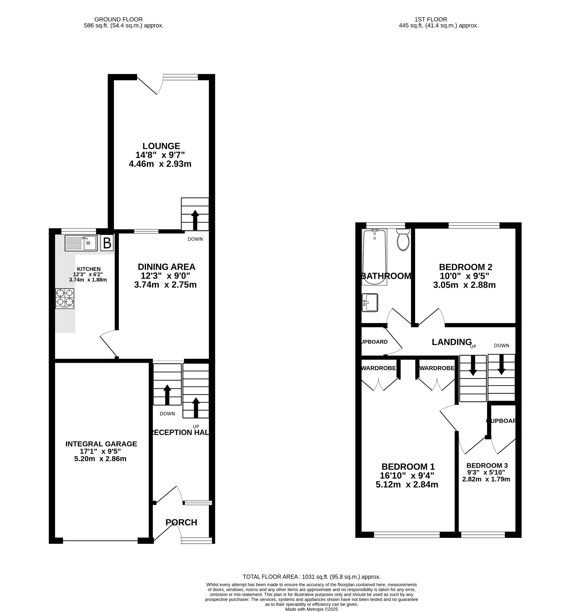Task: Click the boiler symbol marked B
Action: pos(107,243)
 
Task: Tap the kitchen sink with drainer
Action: pos(81,243)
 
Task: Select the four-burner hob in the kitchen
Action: pos(64,298)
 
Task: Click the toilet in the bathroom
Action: pos(403,241)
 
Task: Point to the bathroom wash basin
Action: pos(370,303)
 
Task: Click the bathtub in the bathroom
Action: pos(374,257)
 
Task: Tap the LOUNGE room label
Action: pos(161,146)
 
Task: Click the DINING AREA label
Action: pos(166,267)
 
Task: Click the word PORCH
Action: pos(181,522)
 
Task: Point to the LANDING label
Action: pos(451,342)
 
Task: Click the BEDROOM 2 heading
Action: pos(465,267)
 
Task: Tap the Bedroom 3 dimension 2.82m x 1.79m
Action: pos(486,479)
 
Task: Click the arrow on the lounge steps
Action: pos(195,220)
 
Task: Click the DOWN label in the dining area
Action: pos(195,239)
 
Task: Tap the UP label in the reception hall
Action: pos(196,426)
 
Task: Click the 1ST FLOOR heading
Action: pos(431,19)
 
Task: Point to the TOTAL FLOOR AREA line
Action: pos(311,577)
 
